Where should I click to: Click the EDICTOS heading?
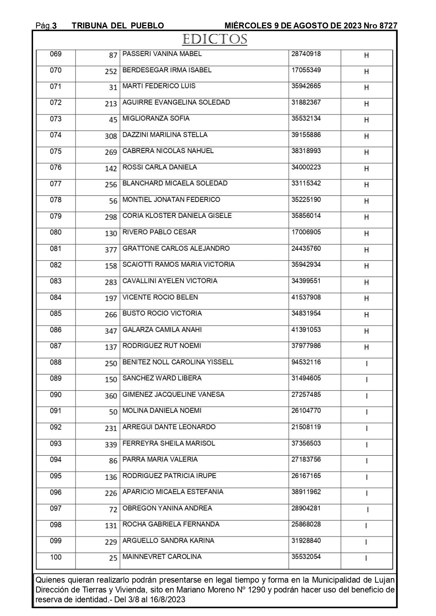[214, 39]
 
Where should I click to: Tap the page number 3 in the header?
[54, 26]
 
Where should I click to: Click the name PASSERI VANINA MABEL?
[162, 54]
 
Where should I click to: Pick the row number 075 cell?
[56, 151]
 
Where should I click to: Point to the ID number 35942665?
[306, 86]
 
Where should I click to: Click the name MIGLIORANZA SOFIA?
[156, 119]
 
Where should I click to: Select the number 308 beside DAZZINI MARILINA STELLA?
[111, 136]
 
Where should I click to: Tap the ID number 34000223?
[306, 167]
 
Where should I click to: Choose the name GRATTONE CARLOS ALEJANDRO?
[176, 249]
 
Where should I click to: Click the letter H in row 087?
[366, 347]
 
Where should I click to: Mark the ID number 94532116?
[306, 362]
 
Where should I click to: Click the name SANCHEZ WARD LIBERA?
[162, 378]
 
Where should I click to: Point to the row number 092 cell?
[56, 427]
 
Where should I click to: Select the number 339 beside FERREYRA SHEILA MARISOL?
[111, 445]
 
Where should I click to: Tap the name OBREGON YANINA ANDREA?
[167, 508]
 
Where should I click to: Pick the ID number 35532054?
[306, 557]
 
